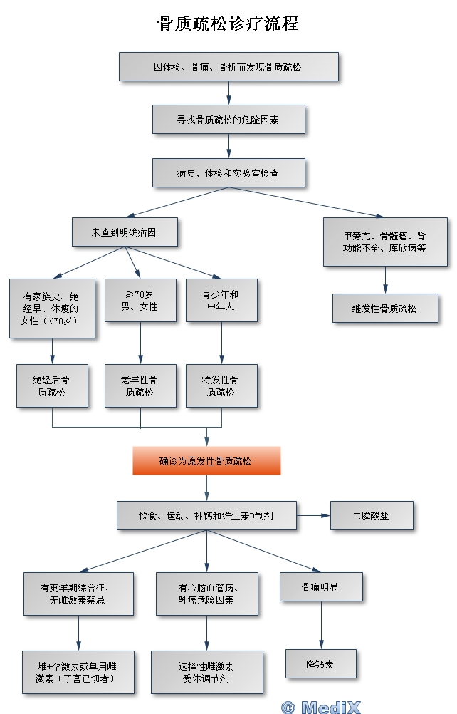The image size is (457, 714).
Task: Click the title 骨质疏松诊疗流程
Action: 228,24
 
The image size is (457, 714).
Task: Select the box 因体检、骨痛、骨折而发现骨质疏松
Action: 228,67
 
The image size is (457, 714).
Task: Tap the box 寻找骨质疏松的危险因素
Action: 228,120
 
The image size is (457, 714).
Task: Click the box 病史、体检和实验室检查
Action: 228,172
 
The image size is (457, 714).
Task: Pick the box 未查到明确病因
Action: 125,232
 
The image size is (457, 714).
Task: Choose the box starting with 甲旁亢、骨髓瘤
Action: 385,242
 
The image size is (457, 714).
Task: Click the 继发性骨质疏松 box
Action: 385,309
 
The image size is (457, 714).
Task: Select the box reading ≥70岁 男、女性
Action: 140,301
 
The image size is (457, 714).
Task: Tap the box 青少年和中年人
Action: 221,301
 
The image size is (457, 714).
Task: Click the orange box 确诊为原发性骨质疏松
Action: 206,461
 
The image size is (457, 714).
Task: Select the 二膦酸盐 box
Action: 371,515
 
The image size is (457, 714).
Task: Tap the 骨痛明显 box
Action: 321,587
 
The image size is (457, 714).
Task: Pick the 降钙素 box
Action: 320,663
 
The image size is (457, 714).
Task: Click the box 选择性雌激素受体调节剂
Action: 206,672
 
